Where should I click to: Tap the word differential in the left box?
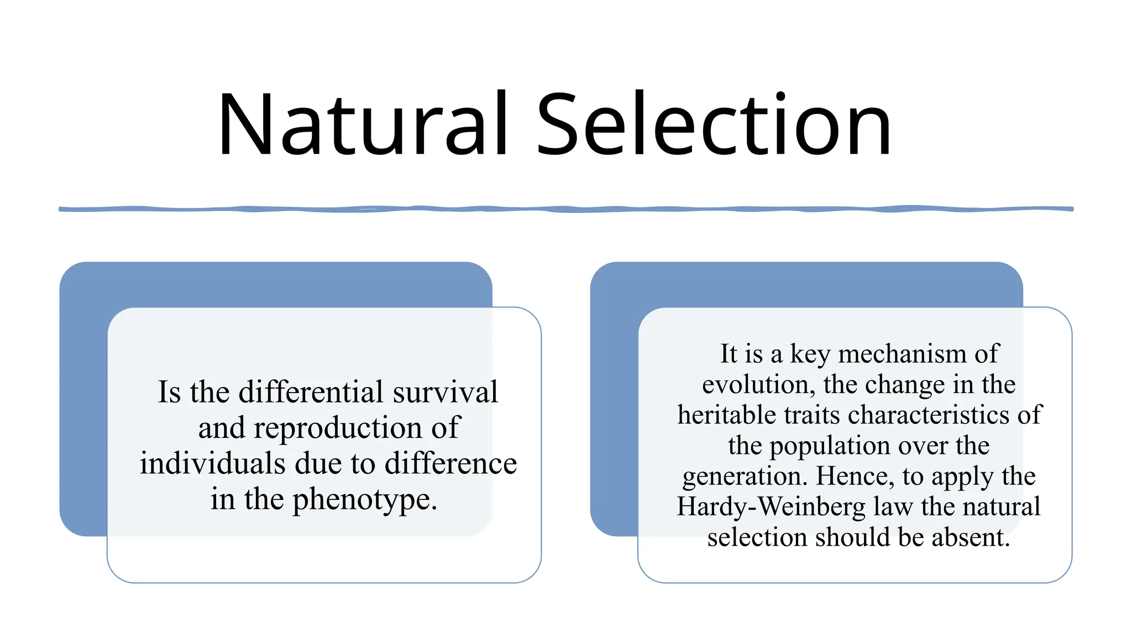(311, 392)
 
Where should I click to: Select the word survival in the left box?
(445, 392)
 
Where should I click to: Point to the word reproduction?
(338, 428)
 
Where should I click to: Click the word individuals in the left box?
(212, 463)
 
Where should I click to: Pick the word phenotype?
(364, 500)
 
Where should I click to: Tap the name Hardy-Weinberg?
(771, 507)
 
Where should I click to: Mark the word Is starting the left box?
(169, 392)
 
